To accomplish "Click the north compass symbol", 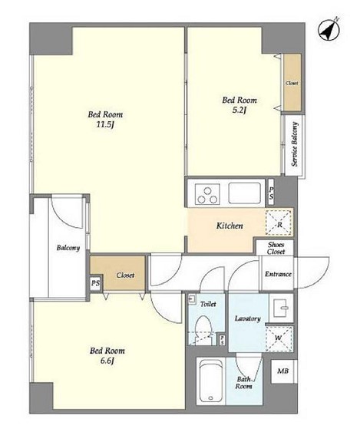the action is [329, 30].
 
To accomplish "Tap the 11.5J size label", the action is [105, 125].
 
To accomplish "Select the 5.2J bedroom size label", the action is [239, 110].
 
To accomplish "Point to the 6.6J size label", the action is [107, 361].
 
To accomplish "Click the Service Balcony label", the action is [295, 144].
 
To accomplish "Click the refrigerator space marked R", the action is [279, 223].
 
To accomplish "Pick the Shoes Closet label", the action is [276, 248].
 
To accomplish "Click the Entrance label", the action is [278, 274].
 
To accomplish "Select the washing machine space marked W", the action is [279, 338].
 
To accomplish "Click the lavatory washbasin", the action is [281, 308].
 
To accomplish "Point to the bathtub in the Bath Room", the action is [211, 381].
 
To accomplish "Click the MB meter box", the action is [283, 371].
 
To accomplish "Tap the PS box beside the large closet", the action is [96, 283].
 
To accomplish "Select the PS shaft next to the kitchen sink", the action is [271, 192].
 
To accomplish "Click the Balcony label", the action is [68, 248].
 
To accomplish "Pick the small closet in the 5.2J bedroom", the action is [292, 82].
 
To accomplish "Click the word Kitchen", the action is [230, 226].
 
